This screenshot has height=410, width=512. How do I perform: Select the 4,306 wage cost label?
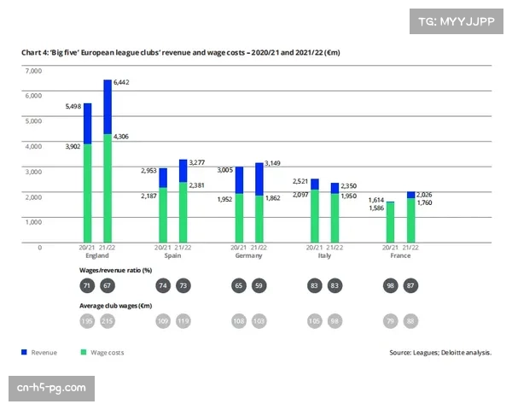[x=122, y=136]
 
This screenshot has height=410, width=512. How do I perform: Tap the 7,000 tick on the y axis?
[x=32, y=70]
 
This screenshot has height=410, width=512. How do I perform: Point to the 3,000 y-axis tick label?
[x=32, y=172]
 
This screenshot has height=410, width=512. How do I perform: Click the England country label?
[x=96, y=255]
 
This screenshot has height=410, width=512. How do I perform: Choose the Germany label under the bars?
[x=247, y=255]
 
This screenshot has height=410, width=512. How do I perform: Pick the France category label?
[x=400, y=255]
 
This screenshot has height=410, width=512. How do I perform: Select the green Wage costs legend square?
[x=83, y=351]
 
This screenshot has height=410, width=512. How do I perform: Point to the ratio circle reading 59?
[x=259, y=285]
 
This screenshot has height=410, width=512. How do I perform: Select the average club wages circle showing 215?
[x=108, y=320]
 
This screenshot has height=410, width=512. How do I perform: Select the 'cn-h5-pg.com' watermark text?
[x=51, y=389]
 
